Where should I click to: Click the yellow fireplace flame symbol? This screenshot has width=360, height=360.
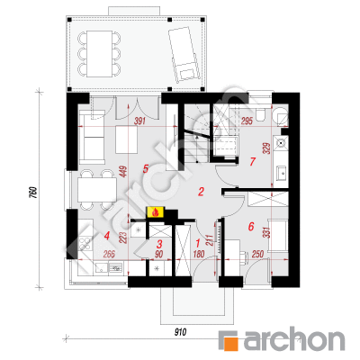[156, 212]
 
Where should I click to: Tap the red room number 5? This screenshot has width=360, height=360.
[146, 168]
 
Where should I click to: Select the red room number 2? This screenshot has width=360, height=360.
[201, 192]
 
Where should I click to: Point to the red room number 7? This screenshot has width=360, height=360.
[253, 162]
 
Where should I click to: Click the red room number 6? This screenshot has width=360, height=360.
[251, 226]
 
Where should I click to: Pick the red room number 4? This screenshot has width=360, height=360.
[106, 236]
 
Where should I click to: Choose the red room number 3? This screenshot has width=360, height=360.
[160, 243]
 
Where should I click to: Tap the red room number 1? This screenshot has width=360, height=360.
[198, 242]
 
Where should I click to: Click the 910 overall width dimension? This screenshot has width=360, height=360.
[180, 332]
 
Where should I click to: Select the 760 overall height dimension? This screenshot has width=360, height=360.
[33, 193]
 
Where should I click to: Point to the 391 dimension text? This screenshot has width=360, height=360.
[139, 121]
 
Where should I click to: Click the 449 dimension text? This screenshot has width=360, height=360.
[124, 172]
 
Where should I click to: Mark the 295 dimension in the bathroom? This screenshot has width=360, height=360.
[247, 121]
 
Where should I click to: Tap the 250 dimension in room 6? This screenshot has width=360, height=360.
[257, 255]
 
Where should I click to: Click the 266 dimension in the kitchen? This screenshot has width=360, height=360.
[109, 255]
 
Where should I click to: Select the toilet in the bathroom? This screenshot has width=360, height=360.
[260, 113]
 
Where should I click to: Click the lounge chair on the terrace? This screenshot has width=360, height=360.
[184, 54]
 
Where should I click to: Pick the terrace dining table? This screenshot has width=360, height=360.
[100, 54]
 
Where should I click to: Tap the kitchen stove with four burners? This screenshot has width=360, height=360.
[85, 244]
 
